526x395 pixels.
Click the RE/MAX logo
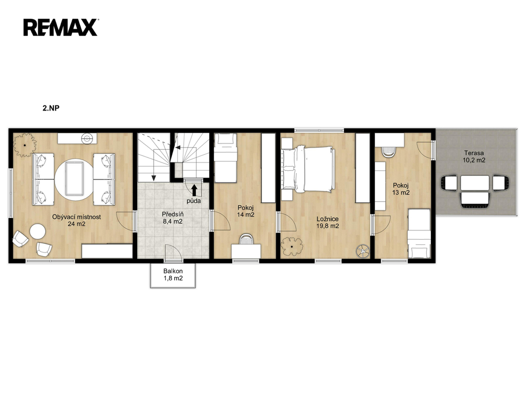click(x=61, y=27)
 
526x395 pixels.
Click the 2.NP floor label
click(x=51, y=108)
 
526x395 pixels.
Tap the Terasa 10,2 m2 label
click(x=474, y=156)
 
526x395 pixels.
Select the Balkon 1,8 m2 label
click(x=173, y=275)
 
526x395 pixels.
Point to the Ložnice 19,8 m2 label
click(x=327, y=222)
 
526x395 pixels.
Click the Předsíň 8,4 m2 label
click(x=173, y=218)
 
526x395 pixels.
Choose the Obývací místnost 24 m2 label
click(x=77, y=220)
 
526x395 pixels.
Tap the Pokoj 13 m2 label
click(x=401, y=189)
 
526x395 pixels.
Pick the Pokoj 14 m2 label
click(x=246, y=211)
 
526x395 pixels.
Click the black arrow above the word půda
click(x=194, y=190)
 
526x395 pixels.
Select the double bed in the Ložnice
click(x=308, y=169)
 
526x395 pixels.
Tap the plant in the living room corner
click(x=25, y=145)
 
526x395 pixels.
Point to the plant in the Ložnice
click(x=292, y=246)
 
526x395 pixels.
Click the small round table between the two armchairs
click(x=37, y=232)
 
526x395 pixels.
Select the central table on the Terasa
click(x=475, y=183)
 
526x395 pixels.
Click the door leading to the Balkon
click(x=174, y=252)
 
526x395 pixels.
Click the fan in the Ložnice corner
click(x=363, y=250)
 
